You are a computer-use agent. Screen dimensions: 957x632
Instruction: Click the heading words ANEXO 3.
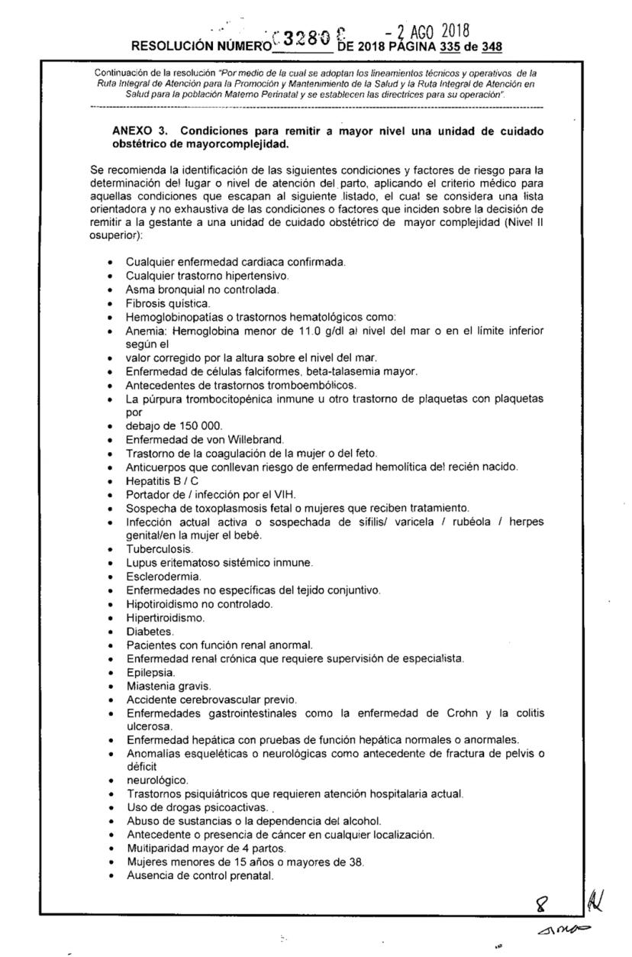(140, 131)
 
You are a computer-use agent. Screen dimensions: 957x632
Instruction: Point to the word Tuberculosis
(152, 549)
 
